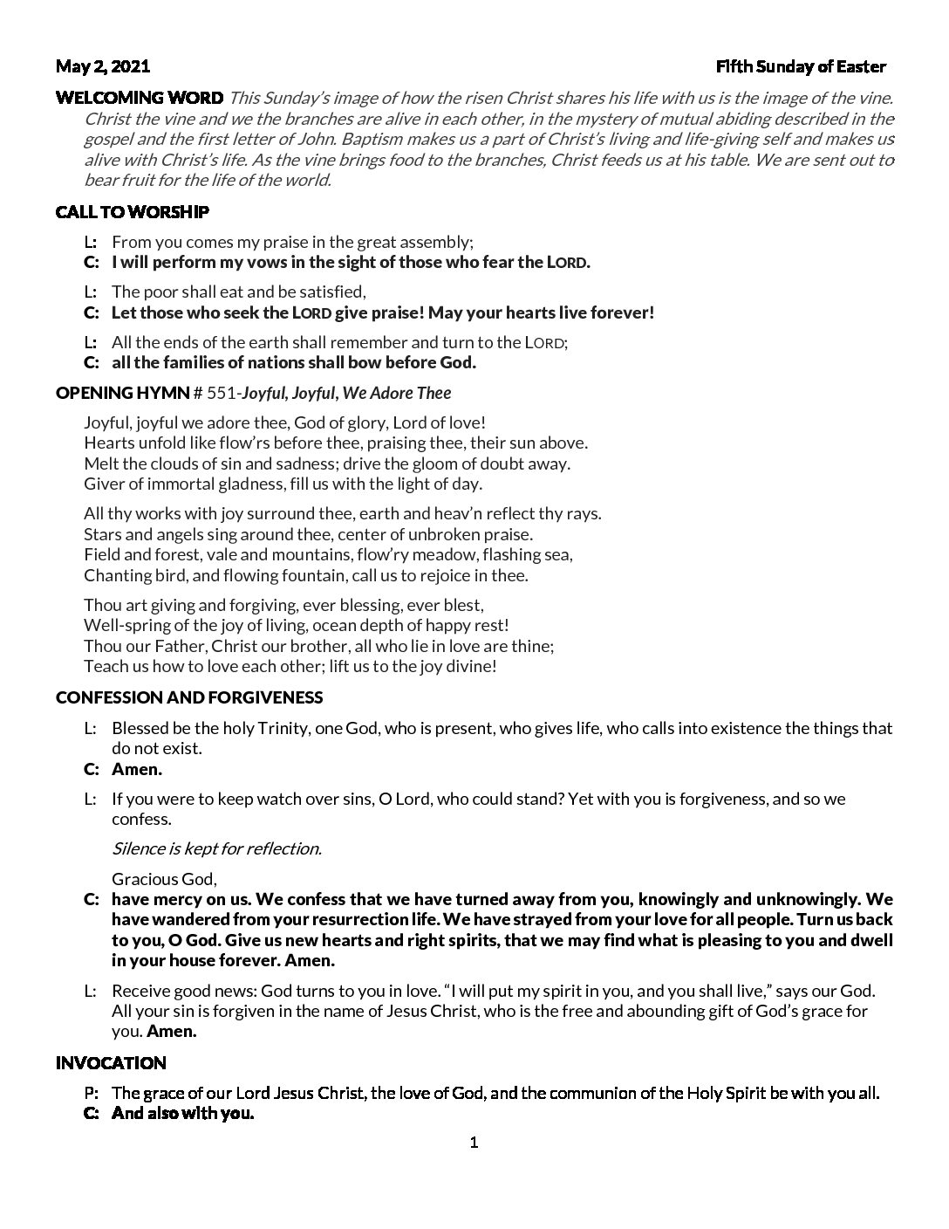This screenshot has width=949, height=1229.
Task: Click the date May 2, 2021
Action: pos(103,66)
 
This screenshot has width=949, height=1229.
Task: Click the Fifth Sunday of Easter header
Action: pos(801,66)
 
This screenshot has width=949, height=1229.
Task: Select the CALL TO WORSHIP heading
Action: pos(133,212)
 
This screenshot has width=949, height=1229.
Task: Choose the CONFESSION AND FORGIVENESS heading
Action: pos(189,697)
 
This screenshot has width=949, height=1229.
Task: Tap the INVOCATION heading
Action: pos(111,1063)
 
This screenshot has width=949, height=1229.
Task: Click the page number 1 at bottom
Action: pos(474,1143)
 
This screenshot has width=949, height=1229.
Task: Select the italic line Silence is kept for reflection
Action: pos(217,848)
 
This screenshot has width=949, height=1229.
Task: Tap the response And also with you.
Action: pos(183,1114)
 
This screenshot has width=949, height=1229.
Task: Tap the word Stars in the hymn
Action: pos(102,534)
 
